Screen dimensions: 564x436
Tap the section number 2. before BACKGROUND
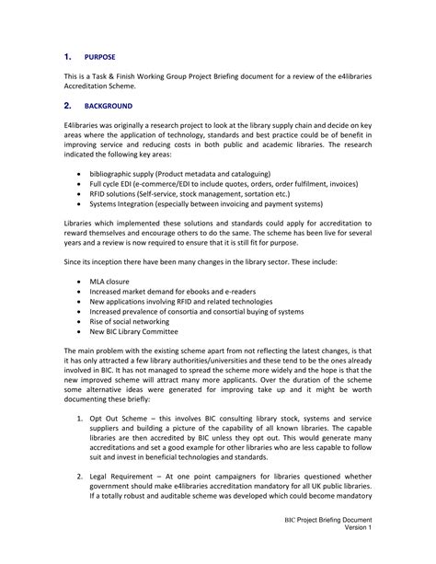pos(68,105)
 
